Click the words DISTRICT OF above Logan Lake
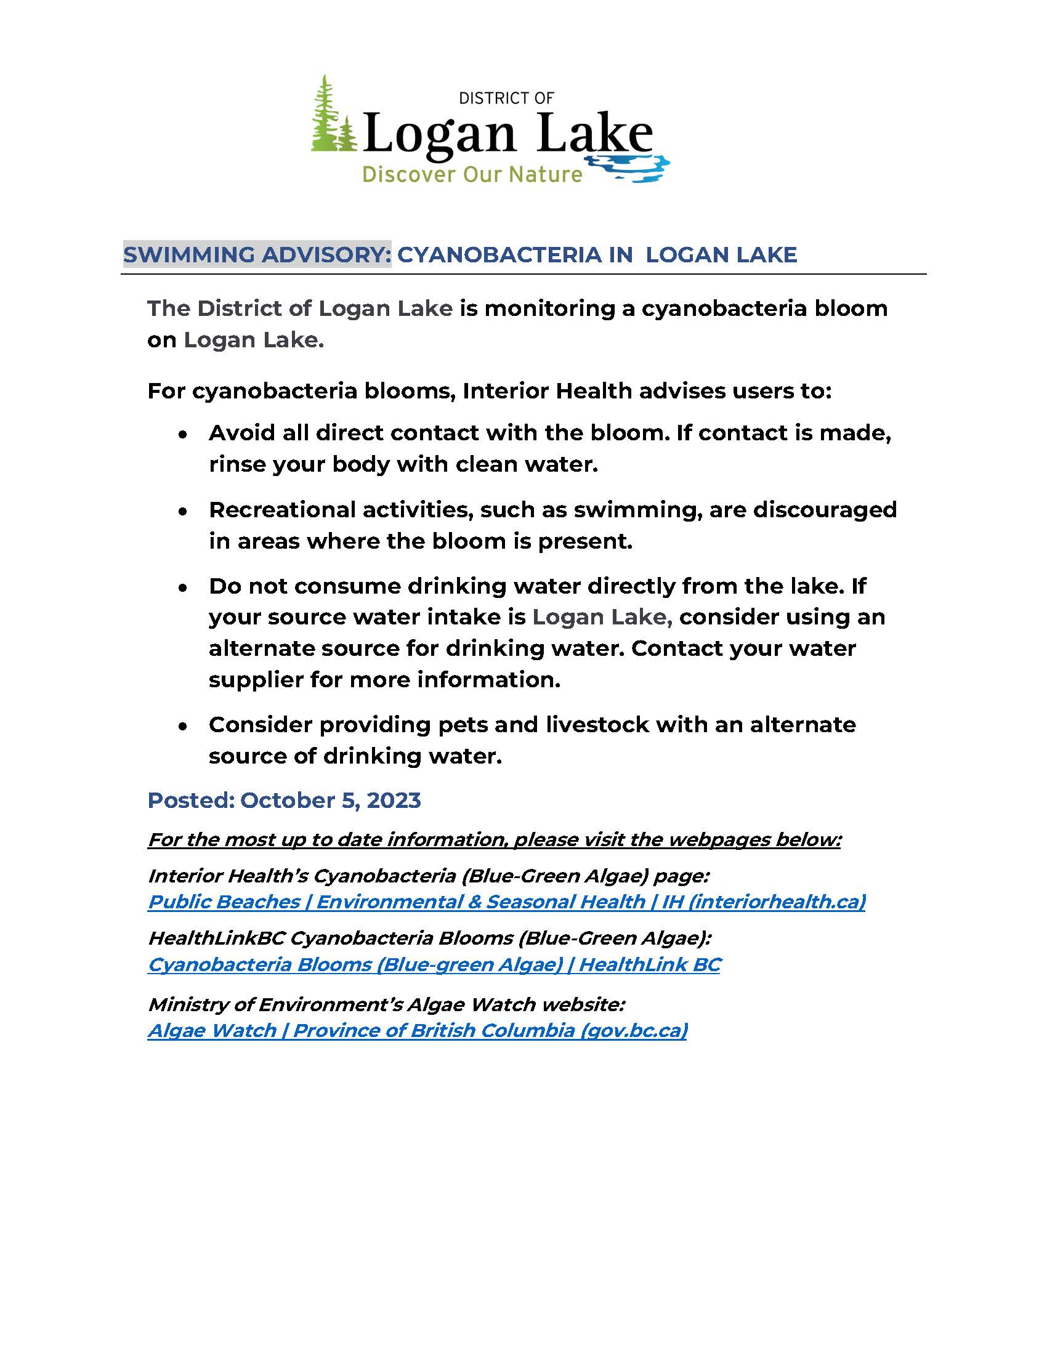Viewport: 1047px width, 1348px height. [x=506, y=98]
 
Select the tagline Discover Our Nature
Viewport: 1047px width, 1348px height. [x=472, y=175]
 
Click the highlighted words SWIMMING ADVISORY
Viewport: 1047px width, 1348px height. [x=257, y=254]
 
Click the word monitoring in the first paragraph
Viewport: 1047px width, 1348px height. [x=549, y=308]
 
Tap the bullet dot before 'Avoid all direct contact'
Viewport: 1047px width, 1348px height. [x=182, y=435]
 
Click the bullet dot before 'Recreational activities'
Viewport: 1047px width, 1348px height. [x=182, y=512]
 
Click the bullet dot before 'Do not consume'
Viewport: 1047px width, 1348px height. [x=182, y=588]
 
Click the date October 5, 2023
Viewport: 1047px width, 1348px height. [x=330, y=800]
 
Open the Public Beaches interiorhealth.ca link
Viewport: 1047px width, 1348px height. [x=506, y=902]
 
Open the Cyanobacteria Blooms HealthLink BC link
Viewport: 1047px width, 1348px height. [x=434, y=964]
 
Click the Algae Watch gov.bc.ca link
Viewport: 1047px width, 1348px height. [x=418, y=1030]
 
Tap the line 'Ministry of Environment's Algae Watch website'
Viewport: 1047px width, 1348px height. [x=386, y=1004]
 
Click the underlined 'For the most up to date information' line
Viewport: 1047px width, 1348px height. [x=494, y=839]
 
